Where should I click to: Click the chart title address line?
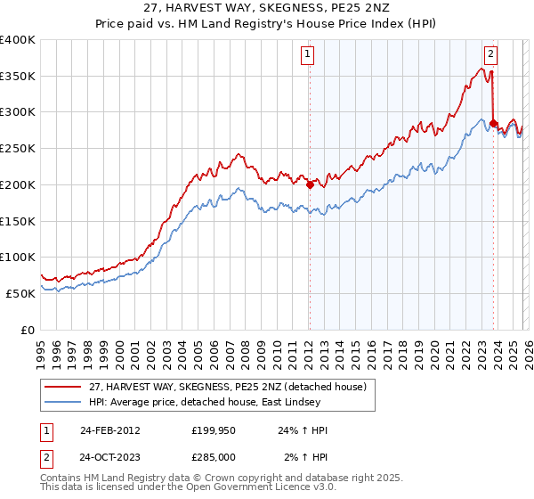(267, 8)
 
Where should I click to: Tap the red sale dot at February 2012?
(310, 185)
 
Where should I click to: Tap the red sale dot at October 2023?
(493, 123)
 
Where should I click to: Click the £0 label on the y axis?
(27, 330)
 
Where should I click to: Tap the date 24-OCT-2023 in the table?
(109, 457)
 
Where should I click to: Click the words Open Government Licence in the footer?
(240, 489)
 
